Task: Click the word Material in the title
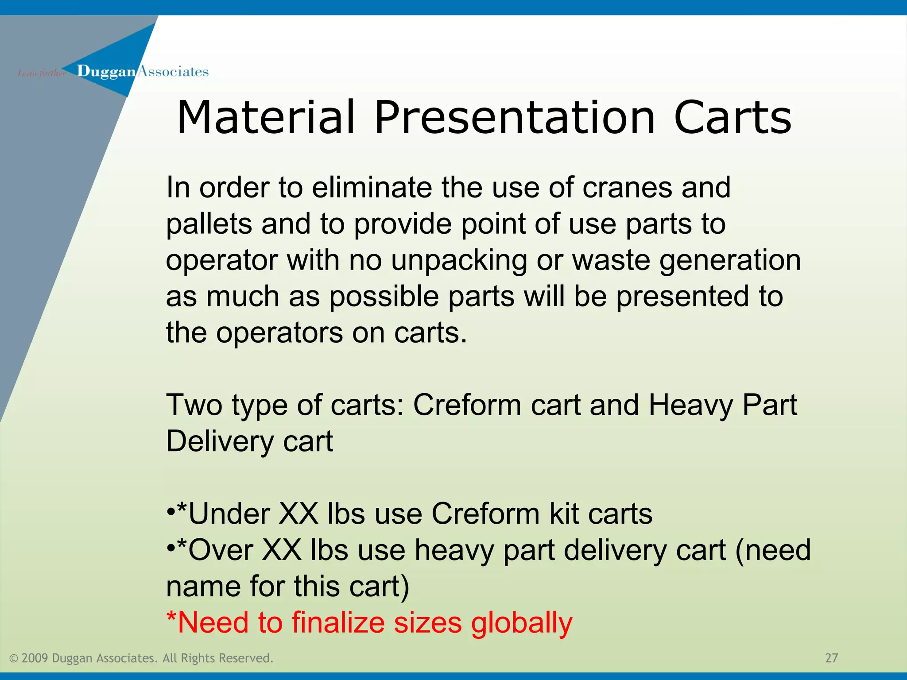pos(266,117)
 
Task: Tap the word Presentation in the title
pos(515,117)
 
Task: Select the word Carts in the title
pos(733,117)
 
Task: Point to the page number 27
pos(831,658)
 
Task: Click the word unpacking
pos(459,260)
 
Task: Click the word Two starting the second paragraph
pos(194,405)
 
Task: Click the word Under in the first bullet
pos(229,514)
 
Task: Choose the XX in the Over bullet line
pos(282,550)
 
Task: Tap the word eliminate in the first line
pos(372,188)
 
